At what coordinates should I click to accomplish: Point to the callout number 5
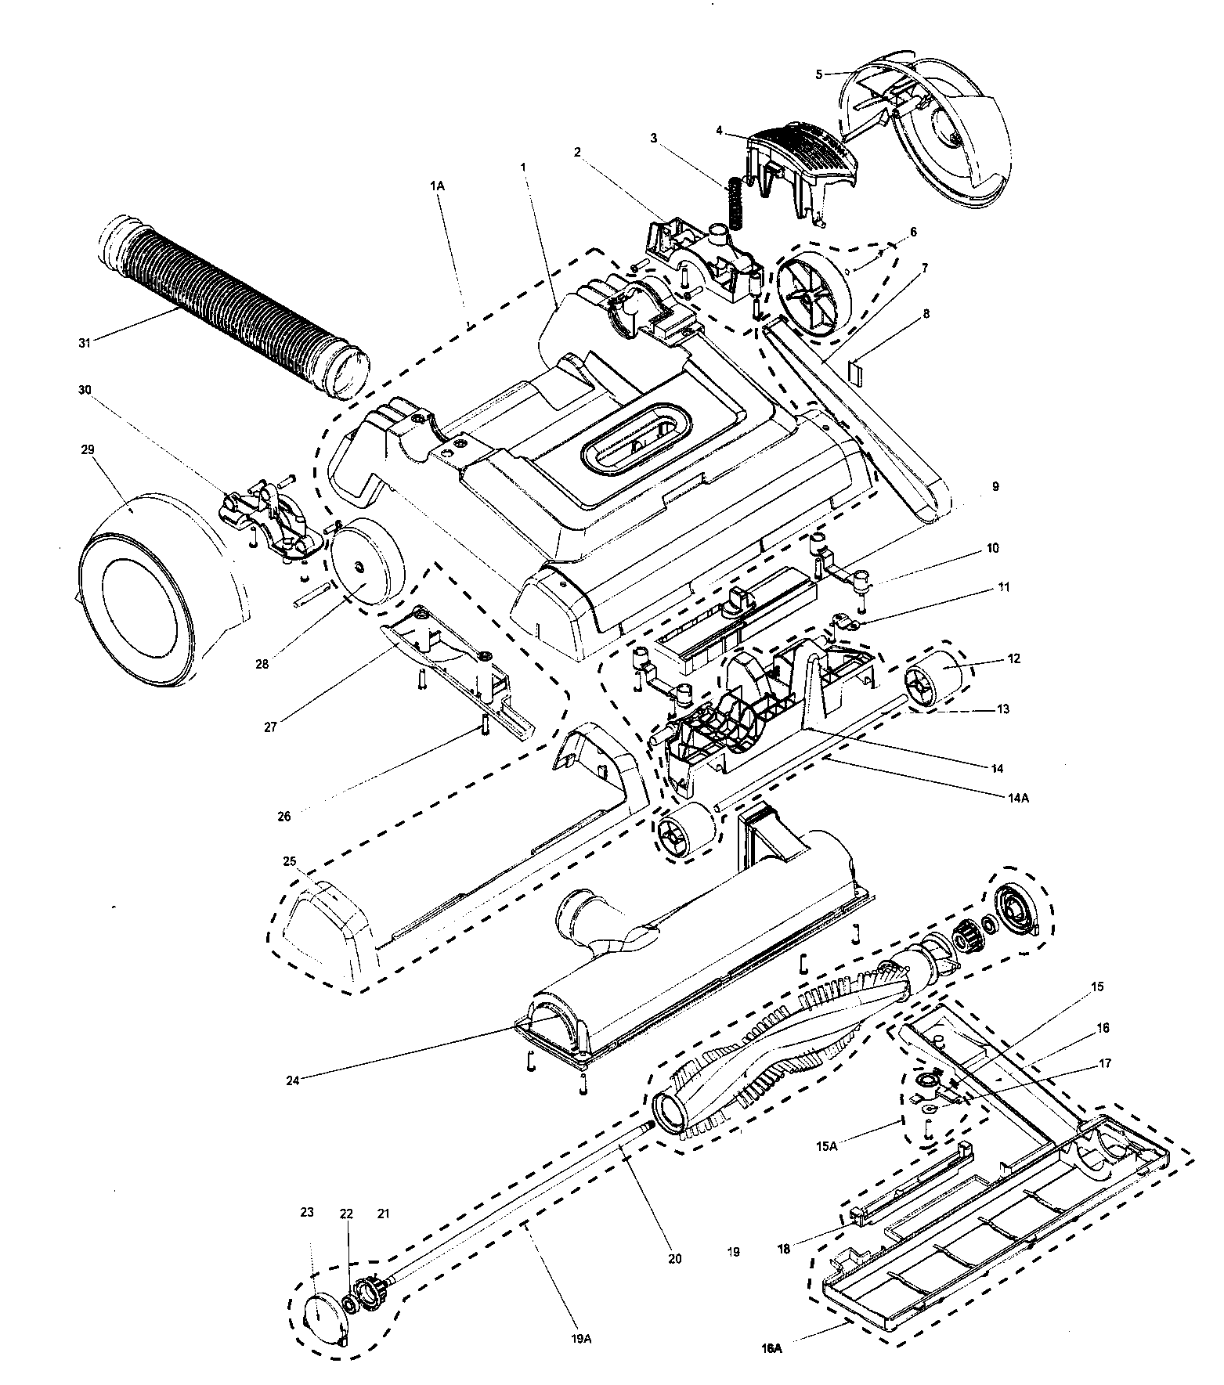point(819,74)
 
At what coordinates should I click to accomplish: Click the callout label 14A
point(1018,798)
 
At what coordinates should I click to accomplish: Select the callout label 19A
point(581,1340)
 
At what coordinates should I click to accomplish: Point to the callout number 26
point(284,817)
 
